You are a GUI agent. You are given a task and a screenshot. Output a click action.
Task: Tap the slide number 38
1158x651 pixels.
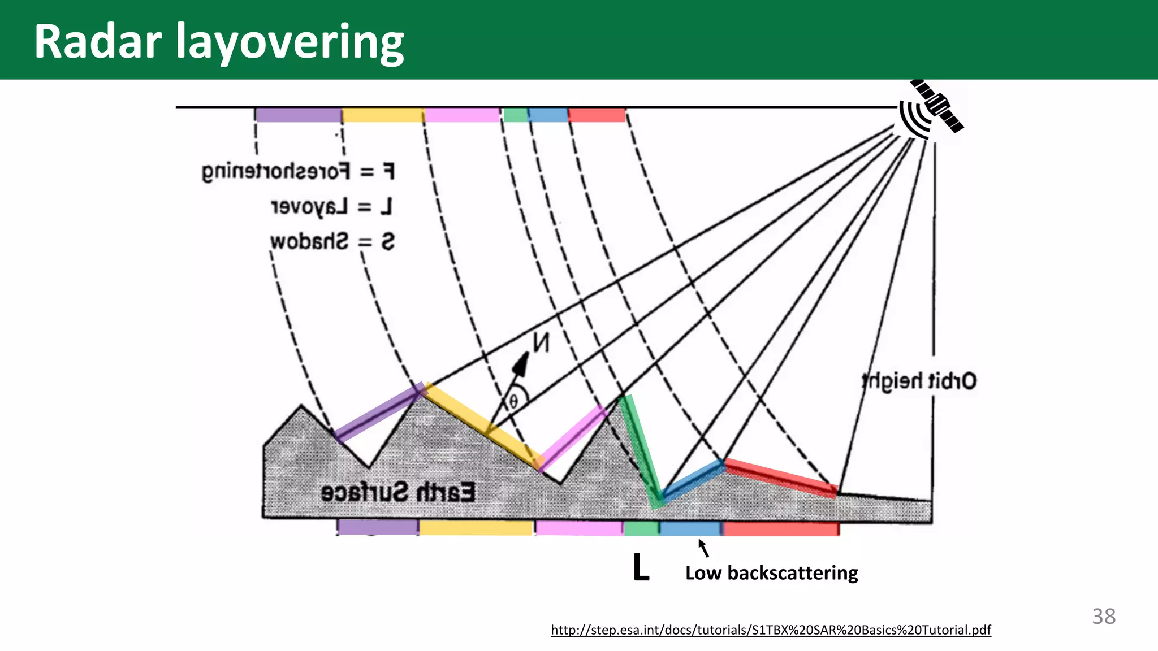tap(1104, 616)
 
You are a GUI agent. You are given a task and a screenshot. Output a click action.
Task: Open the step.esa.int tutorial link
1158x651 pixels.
tap(771, 630)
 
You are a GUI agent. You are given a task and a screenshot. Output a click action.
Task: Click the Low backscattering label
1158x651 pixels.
tap(771, 573)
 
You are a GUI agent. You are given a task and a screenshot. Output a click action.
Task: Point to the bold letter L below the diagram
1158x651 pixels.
tap(641, 567)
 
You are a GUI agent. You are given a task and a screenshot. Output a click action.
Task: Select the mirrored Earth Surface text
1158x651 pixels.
tap(398, 492)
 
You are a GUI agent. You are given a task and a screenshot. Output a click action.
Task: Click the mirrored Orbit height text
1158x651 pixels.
tap(919, 381)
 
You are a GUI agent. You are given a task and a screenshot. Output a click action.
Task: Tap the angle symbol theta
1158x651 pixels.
tap(513, 401)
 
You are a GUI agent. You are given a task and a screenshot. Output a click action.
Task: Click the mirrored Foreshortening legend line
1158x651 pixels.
tap(298, 171)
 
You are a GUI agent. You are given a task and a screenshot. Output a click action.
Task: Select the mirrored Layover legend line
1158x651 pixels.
tap(331, 207)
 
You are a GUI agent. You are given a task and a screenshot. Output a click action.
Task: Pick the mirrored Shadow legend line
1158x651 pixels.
tap(332, 242)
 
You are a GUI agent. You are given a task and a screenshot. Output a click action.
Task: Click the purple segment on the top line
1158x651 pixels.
tap(298, 115)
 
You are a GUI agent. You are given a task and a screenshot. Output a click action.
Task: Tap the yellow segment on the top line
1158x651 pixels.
tap(383, 115)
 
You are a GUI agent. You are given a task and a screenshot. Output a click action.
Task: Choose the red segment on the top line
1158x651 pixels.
tap(597, 115)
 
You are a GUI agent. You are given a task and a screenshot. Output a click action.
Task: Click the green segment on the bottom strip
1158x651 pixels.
tap(641, 528)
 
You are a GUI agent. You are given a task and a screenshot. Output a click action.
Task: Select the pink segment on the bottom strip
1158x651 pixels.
tap(579, 528)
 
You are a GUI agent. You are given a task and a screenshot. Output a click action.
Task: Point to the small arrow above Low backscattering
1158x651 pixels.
tap(703, 548)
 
